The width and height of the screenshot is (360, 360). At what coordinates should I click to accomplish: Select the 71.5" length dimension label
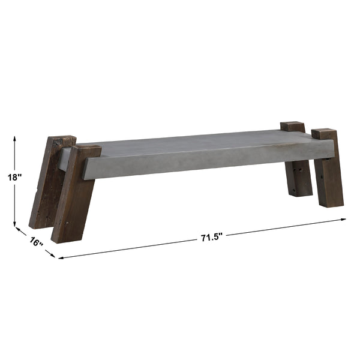[212, 236]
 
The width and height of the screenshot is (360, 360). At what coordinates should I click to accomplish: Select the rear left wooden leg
[48, 183]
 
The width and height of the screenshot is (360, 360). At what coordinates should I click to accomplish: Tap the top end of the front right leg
[324, 133]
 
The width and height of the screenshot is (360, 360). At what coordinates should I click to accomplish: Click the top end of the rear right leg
[292, 126]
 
